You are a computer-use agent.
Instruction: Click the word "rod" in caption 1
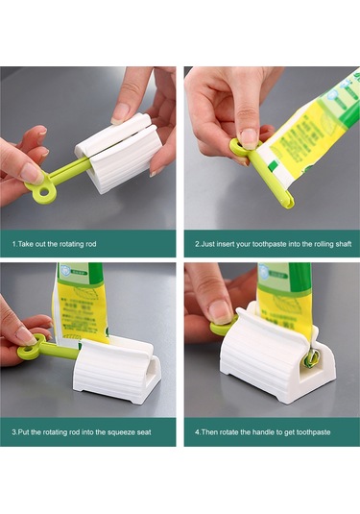(x=91, y=244)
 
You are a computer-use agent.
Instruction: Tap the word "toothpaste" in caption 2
(x=269, y=244)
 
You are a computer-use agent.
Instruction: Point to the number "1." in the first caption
(x=14, y=244)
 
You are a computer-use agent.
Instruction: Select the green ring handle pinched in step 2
(x=243, y=148)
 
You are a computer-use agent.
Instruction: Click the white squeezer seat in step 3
(x=117, y=372)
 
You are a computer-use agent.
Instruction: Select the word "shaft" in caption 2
(x=343, y=244)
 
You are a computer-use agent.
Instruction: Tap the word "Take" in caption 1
(x=25, y=244)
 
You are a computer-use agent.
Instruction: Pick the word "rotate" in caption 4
(x=229, y=432)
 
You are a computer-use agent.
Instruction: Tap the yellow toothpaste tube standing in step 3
(x=81, y=305)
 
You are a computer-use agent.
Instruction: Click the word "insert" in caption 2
(x=225, y=244)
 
